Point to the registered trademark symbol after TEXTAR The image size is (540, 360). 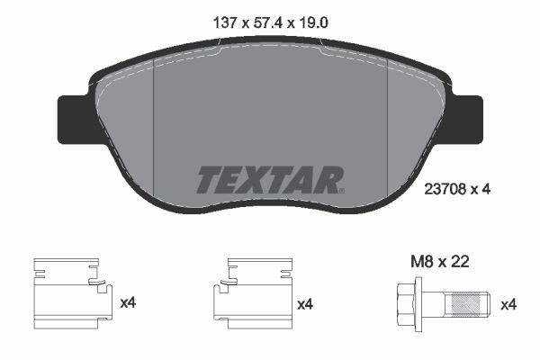coord(341,190)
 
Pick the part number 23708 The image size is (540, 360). coord(442,189)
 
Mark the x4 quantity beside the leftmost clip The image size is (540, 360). coord(128,304)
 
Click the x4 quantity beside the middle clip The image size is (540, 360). coord(307,304)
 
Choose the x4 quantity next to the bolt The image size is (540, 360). coord(508,304)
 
